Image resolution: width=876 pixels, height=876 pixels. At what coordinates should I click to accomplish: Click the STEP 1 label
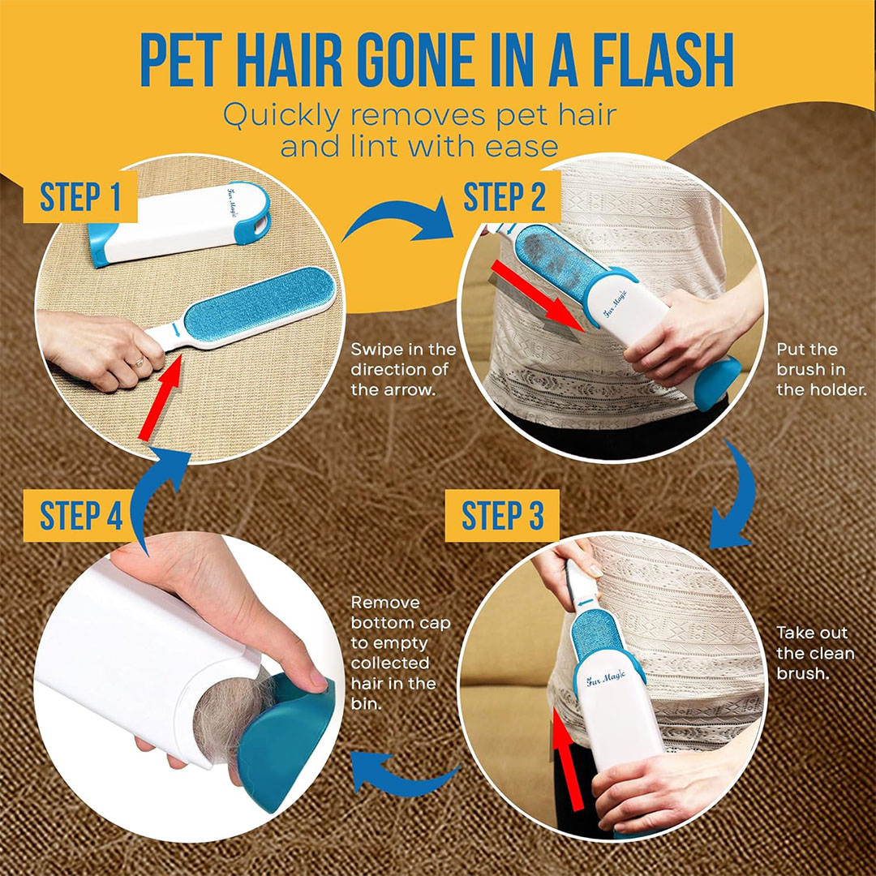pos(80,196)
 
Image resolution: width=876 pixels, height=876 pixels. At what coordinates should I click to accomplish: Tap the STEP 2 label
pos(505,196)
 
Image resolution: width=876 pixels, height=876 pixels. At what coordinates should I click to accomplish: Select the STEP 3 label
pos(502,515)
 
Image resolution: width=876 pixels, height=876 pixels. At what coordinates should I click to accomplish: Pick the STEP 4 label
pos(81,515)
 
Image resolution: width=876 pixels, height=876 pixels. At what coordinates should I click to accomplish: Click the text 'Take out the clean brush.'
pos(815,653)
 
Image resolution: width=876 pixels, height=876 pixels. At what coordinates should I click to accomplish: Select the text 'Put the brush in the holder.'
pos(821,369)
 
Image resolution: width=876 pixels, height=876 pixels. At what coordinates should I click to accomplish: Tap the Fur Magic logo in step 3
pos(606,677)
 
